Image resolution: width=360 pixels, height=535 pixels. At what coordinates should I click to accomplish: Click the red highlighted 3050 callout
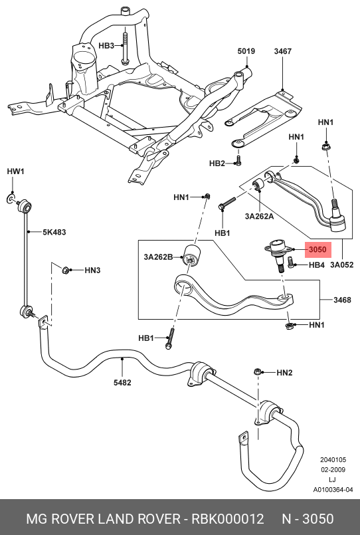[317, 249]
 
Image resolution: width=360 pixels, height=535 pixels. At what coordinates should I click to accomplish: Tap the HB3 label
[106, 46]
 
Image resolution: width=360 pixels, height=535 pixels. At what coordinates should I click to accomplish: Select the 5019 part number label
[246, 51]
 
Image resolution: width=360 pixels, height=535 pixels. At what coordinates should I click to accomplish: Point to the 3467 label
[282, 51]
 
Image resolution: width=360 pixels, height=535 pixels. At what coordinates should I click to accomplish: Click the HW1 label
[16, 171]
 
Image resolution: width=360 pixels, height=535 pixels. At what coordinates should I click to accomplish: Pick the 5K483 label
[54, 233]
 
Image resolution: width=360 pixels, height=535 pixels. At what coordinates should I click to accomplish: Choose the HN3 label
[92, 270]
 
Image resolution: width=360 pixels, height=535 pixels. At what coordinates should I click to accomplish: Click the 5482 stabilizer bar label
[122, 383]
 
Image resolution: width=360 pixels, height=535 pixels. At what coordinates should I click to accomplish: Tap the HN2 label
[284, 373]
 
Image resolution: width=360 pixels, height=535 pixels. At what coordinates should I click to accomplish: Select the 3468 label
[342, 300]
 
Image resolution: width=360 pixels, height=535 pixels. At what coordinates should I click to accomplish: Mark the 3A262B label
[158, 257]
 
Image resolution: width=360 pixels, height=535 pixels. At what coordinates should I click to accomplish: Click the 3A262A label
[259, 216]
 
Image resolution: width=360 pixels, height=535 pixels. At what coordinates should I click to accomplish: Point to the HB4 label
[316, 265]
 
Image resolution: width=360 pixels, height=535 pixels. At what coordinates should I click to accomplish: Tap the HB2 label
[217, 163]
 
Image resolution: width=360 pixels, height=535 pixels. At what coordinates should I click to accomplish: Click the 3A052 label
[341, 265]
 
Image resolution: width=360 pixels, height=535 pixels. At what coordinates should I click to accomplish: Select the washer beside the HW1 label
[11, 199]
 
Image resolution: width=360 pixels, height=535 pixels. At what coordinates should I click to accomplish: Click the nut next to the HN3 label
[65, 270]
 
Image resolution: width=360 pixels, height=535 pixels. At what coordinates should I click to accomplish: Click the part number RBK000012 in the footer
[228, 519]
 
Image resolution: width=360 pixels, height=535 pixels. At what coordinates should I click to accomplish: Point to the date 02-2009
[333, 470]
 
